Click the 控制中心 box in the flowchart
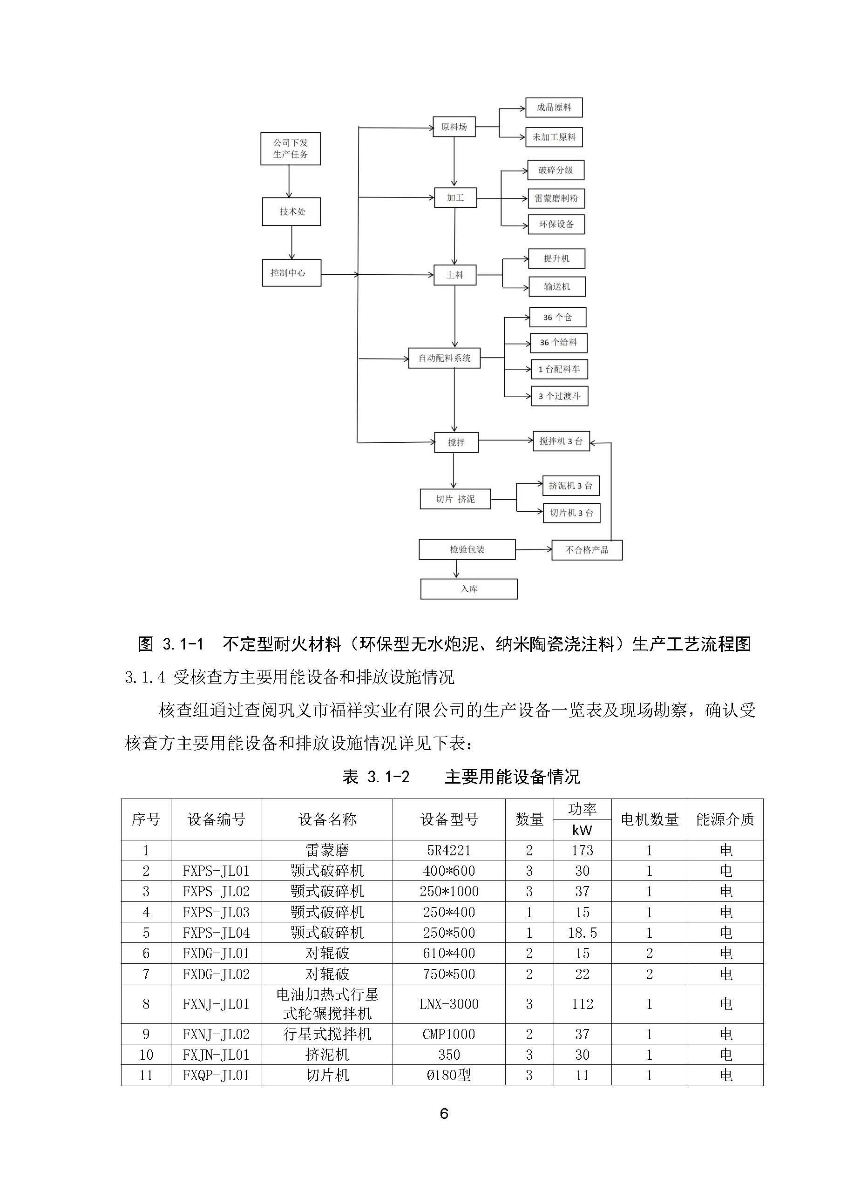[x=291, y=273]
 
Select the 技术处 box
[x=291, y=211]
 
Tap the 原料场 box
[x=454, y=127]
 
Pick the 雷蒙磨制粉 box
[x=556, y=198]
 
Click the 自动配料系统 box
[x=444, y=359]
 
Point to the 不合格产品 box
[x=587, y=550]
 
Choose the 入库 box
[x=468, y=589]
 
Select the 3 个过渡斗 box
[x=559, y=396]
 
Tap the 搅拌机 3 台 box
[x=561, y=441]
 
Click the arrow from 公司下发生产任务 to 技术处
[x=289, y=181]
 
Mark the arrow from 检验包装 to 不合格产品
[x=533, y=549]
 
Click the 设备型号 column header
[x=449, y=820]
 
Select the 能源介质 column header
[x=725, y=820]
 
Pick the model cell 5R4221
[x=449, y=851]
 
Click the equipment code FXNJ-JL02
[x=216, y=1034]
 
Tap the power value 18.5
[x=582, y=933]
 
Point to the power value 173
[x=582, y=851]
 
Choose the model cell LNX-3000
[x=449, y=1004]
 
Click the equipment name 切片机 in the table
[x=327, y=1076]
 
